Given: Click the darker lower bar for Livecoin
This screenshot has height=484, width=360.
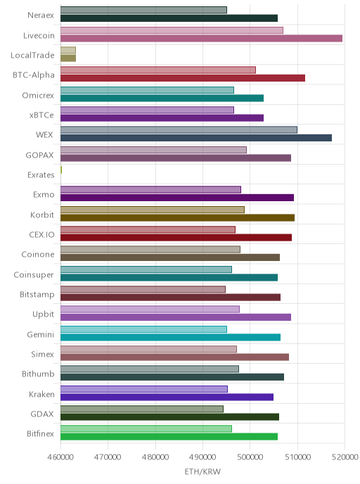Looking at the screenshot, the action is pos(201,38).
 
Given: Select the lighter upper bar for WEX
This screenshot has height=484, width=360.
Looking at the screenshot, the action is pos(179,129).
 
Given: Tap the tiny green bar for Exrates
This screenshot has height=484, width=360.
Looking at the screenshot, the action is pos(61,170).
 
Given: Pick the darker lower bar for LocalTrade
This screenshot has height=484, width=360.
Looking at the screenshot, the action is pos(68,58).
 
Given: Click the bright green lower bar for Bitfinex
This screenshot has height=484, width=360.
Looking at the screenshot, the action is pos(169,436).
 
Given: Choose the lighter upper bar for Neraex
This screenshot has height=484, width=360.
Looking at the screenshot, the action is pos(143,10).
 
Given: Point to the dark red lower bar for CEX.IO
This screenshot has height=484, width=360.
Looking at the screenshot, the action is pos(176,237).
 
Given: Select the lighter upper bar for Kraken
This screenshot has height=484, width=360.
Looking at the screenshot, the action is pos(144,389).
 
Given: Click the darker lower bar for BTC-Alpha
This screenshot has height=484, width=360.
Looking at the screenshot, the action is pos(183,78).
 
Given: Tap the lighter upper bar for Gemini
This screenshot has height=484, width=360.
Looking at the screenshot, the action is pos(143,329).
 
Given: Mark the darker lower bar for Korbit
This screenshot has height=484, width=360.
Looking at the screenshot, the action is pos(177,217).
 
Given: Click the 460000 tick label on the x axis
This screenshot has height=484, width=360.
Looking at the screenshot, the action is pos(60,457).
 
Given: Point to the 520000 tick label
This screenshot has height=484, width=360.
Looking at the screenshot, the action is pos(345,457).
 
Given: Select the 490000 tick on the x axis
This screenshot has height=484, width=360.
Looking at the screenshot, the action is pos(202,457).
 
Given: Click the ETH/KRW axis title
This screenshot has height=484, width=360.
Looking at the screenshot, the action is pos(202,471).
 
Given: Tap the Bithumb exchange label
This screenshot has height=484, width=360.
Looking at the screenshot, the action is pos(38,374).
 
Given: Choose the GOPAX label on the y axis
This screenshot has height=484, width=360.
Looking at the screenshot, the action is pos(40,155).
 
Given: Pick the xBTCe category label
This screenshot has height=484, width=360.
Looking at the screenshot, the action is pos(41,115).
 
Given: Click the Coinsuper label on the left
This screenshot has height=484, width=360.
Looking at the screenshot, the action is pos(34,275).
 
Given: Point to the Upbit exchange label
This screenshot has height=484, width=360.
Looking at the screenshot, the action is pos(44,314).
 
